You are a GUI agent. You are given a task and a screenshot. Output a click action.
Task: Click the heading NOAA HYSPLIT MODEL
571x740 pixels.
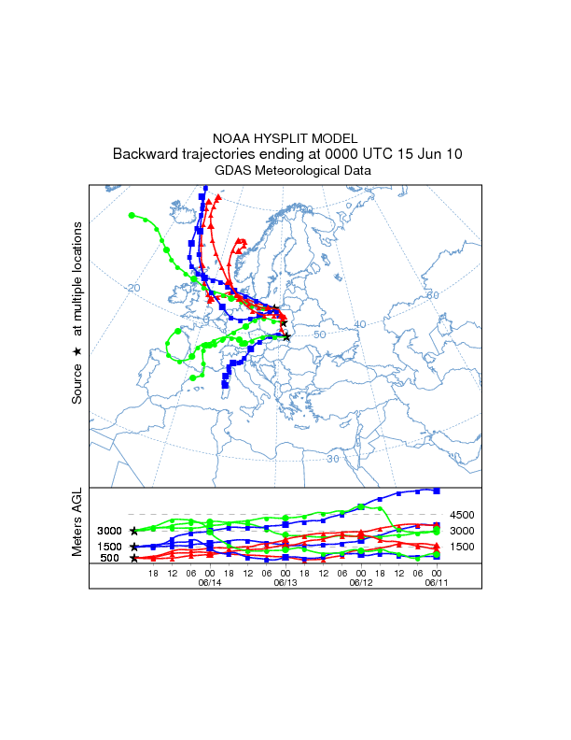click(x=285, y=137)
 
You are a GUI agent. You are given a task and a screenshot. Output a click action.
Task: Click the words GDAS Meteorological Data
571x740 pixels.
click(x=285, y=171)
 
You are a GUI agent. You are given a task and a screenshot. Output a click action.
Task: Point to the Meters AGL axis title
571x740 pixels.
click(x=77, y=521)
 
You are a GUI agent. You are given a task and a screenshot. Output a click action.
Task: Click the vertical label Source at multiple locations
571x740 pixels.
click(x=77, y=313)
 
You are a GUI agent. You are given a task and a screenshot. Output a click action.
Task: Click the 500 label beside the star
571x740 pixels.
click(x=110, y=559)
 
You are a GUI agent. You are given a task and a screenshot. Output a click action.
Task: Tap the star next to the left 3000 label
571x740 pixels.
click(x=134, y=531)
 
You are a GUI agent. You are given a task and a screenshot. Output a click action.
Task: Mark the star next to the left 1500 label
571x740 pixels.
click(x=134, y=547)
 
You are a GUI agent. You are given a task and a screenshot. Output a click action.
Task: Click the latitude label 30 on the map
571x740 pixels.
click(x=333, y=459)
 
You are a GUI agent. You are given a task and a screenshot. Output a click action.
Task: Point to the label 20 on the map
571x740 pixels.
click(x=133, y=287)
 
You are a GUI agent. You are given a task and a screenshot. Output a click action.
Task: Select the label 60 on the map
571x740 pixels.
click(x=432, y=295)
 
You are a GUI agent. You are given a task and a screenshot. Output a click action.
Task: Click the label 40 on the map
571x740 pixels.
click(x=361, y=324)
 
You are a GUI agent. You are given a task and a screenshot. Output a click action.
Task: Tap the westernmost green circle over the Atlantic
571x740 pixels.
click(x=132, y=215)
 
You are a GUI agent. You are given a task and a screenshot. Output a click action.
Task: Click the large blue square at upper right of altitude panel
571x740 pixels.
click(x=437, y=491)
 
